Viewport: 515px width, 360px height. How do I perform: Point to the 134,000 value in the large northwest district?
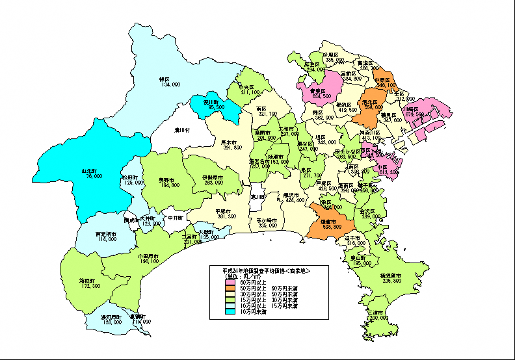click(x=170, y=84)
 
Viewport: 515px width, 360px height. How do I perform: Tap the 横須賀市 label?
click(x=391, y=276)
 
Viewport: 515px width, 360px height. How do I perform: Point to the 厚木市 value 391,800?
click(x=232, y=148)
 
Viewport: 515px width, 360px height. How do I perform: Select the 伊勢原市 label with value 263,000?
click(x=212, y=177)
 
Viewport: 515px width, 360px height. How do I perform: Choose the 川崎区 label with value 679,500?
click(x=413, y=109)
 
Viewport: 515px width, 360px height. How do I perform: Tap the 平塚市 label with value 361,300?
click(x=226, y=211)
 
